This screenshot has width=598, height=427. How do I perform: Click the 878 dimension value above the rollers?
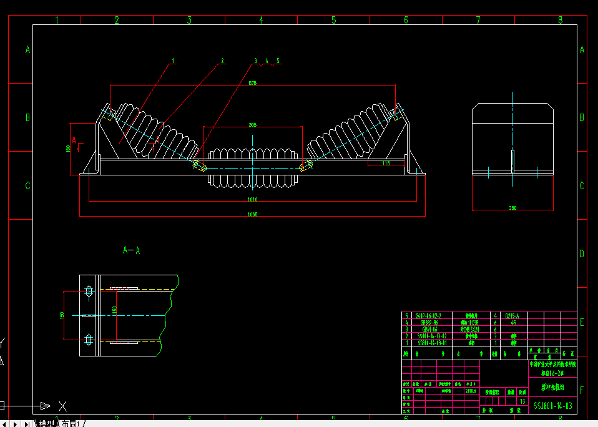point(252,83)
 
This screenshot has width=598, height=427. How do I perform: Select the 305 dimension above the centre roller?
point(252,125)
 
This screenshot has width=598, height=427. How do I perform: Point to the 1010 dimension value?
point(252,199)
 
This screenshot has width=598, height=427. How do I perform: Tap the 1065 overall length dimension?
point(252,214)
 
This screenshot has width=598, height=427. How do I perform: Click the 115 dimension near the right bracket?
point(385,163)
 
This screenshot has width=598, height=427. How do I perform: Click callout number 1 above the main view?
point(174,61)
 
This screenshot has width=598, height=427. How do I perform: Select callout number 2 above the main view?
point(222,61)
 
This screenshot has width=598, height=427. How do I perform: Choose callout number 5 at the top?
point(278,61)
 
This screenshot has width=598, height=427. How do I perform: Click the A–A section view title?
point(131,251)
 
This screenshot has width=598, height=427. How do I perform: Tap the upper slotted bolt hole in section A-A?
point(89,291)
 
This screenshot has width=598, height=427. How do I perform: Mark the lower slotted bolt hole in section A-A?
point(89,339)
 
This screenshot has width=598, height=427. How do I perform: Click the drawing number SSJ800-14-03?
point(552,406)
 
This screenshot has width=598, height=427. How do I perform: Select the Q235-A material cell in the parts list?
point(511,316)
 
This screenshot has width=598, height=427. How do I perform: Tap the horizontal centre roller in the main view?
point(252,167)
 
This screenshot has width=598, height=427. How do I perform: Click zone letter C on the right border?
point(582,185)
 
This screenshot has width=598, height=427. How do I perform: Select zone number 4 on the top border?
point(261,20)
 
